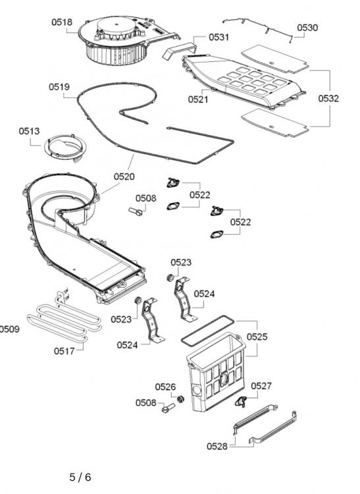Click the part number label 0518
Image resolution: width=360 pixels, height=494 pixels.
(62, 22)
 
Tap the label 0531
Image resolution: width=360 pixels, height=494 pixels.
(219, 38)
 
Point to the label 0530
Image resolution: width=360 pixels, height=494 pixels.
(307, 28)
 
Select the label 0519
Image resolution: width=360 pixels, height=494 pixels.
(59, 86)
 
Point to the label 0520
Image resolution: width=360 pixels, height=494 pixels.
(124, 177)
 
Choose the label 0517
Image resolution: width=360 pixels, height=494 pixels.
(64, 350)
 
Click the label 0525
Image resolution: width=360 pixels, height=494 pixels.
(257, 337)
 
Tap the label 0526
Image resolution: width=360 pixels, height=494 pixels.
(165, 387)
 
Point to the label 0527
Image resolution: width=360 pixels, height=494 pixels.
(261, 386)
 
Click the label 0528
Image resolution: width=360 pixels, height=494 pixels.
(217, 446)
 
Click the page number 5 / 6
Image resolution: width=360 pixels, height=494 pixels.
(80, 477)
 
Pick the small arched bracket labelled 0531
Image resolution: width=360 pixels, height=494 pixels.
(178, 51)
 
